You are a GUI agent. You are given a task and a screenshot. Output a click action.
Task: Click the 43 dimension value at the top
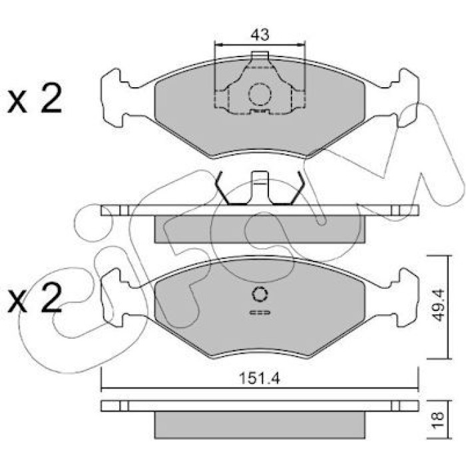pyautogui.click(x=260, y=35)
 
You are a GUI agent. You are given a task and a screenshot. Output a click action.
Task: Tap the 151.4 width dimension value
pyautogui.click(x=260, y=379)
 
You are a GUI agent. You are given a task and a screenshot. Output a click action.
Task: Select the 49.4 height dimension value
pyautogui.click(x=438, y=305)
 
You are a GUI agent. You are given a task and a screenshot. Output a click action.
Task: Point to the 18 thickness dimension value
pyautogui.click(x=439, y=419)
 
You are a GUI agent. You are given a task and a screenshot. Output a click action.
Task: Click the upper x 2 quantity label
pyautogui.click(x=35, y=99)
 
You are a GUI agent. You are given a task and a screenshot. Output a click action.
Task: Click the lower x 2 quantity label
pyautogui.click(x=35, y=298)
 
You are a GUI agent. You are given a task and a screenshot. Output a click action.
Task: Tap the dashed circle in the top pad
pyautogui.click(x=260, y=95)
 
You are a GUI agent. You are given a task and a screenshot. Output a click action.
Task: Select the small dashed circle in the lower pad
pyautogui.click(x=260, y=294)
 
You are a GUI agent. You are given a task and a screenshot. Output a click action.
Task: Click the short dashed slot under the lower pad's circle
pyautogui.click(x=260, y=312)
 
